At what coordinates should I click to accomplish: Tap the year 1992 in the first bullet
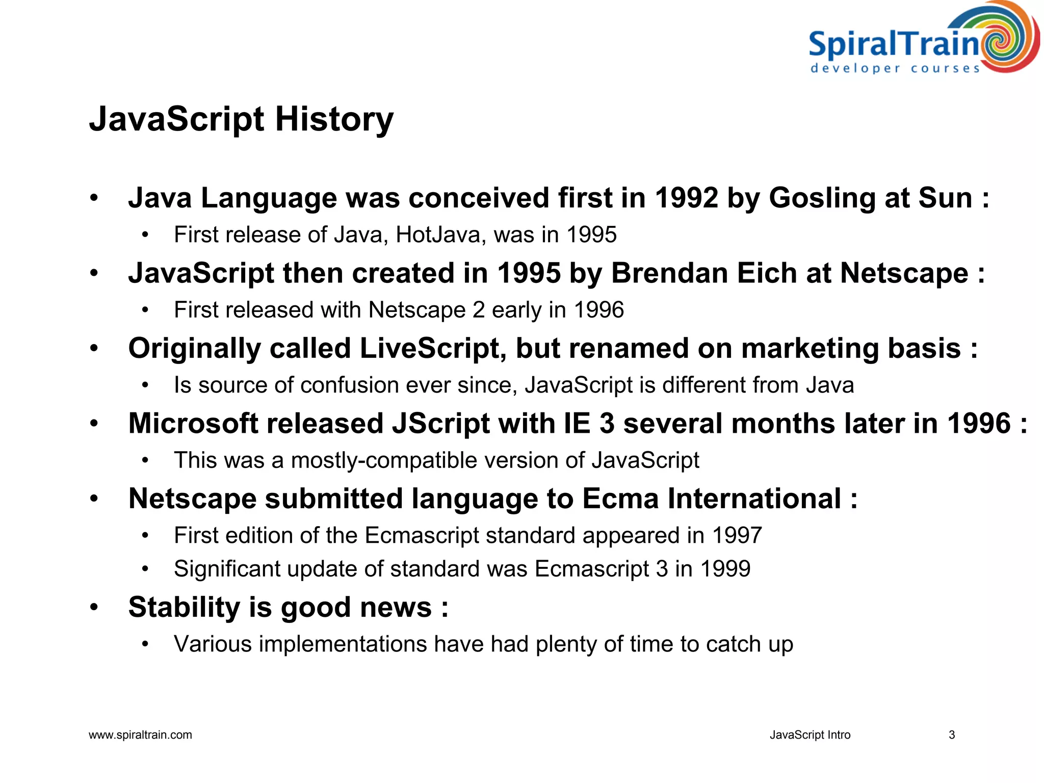(x=686, y=198)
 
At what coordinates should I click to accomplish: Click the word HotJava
(x=438, y=235)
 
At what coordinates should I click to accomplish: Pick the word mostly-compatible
(x=384, y=460)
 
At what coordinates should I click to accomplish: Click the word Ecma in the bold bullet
(x=620, y=499)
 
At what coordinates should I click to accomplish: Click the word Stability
(x=184, y=608)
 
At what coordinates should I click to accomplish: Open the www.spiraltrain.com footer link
(x=140, y=735)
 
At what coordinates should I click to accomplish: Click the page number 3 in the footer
(x=951, y=735)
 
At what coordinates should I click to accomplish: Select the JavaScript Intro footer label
(x=810, y=735)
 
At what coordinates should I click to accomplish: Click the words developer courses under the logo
(x=895, y=68)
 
